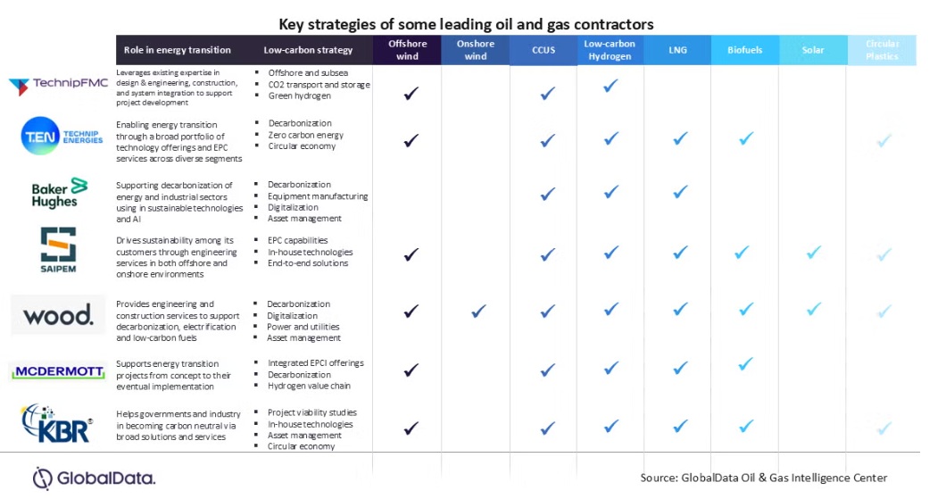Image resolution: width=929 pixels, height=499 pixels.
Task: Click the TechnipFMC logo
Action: point(58,86)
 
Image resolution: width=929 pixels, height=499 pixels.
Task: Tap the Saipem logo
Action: point(58,250)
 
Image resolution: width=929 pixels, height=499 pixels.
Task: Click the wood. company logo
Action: point(58,314)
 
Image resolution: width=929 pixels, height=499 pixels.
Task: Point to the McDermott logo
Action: point(59,371)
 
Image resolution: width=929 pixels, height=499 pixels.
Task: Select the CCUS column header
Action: point(543,51)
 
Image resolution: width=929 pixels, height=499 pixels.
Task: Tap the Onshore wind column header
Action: point(476,50)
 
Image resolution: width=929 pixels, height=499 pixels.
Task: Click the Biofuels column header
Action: point(745,50)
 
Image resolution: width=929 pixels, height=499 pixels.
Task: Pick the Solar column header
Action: point(812,50)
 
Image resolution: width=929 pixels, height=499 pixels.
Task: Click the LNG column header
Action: point(677,50)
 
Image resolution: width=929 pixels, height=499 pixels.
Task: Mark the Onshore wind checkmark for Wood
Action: point(478,311)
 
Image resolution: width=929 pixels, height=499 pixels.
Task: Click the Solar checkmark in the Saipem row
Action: point(813,253)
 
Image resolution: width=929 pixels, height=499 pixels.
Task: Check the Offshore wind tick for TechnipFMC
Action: point(411,92)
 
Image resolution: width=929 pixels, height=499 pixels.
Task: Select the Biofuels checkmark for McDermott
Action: point(746,364)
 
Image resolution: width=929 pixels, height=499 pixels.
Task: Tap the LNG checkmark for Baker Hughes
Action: point(680,192)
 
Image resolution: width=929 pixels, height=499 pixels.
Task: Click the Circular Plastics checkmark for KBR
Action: point(883,428)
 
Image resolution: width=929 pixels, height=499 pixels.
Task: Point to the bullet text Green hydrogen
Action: point(299,96)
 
